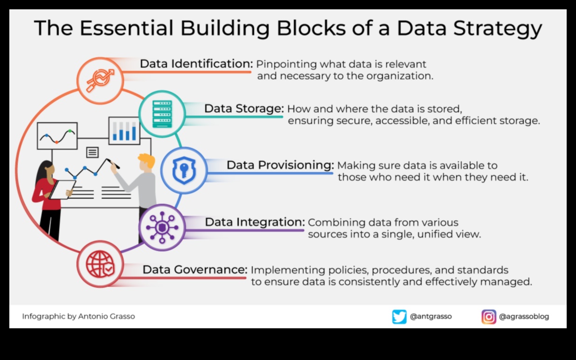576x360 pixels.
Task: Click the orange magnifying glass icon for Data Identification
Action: point(100,81)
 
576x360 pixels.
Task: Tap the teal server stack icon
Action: point(162,114)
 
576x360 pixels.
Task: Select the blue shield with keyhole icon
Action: point(184,170)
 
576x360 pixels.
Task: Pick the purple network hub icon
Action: point(162,227)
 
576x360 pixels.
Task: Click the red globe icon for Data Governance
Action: point(100,264)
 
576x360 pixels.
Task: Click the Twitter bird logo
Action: point(399,317)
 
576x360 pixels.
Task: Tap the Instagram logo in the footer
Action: point(489,317)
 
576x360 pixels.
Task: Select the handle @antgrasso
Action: point(430,316)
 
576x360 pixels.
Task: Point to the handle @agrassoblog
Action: point(524,317)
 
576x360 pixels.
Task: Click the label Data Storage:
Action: point(244,109)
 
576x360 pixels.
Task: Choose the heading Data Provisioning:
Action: point(280,165)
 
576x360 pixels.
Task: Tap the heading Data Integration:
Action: point(255,222)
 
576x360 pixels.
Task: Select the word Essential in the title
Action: point(126,28)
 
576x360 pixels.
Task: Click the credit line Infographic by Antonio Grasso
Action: point(78,316)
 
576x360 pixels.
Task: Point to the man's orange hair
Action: point(147,160)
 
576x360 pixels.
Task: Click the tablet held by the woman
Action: point(62,190)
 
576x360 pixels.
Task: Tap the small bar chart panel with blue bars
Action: point(125,131)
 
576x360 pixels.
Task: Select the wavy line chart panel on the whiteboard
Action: point(57,136)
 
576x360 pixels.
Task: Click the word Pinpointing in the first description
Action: point(286,64)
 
